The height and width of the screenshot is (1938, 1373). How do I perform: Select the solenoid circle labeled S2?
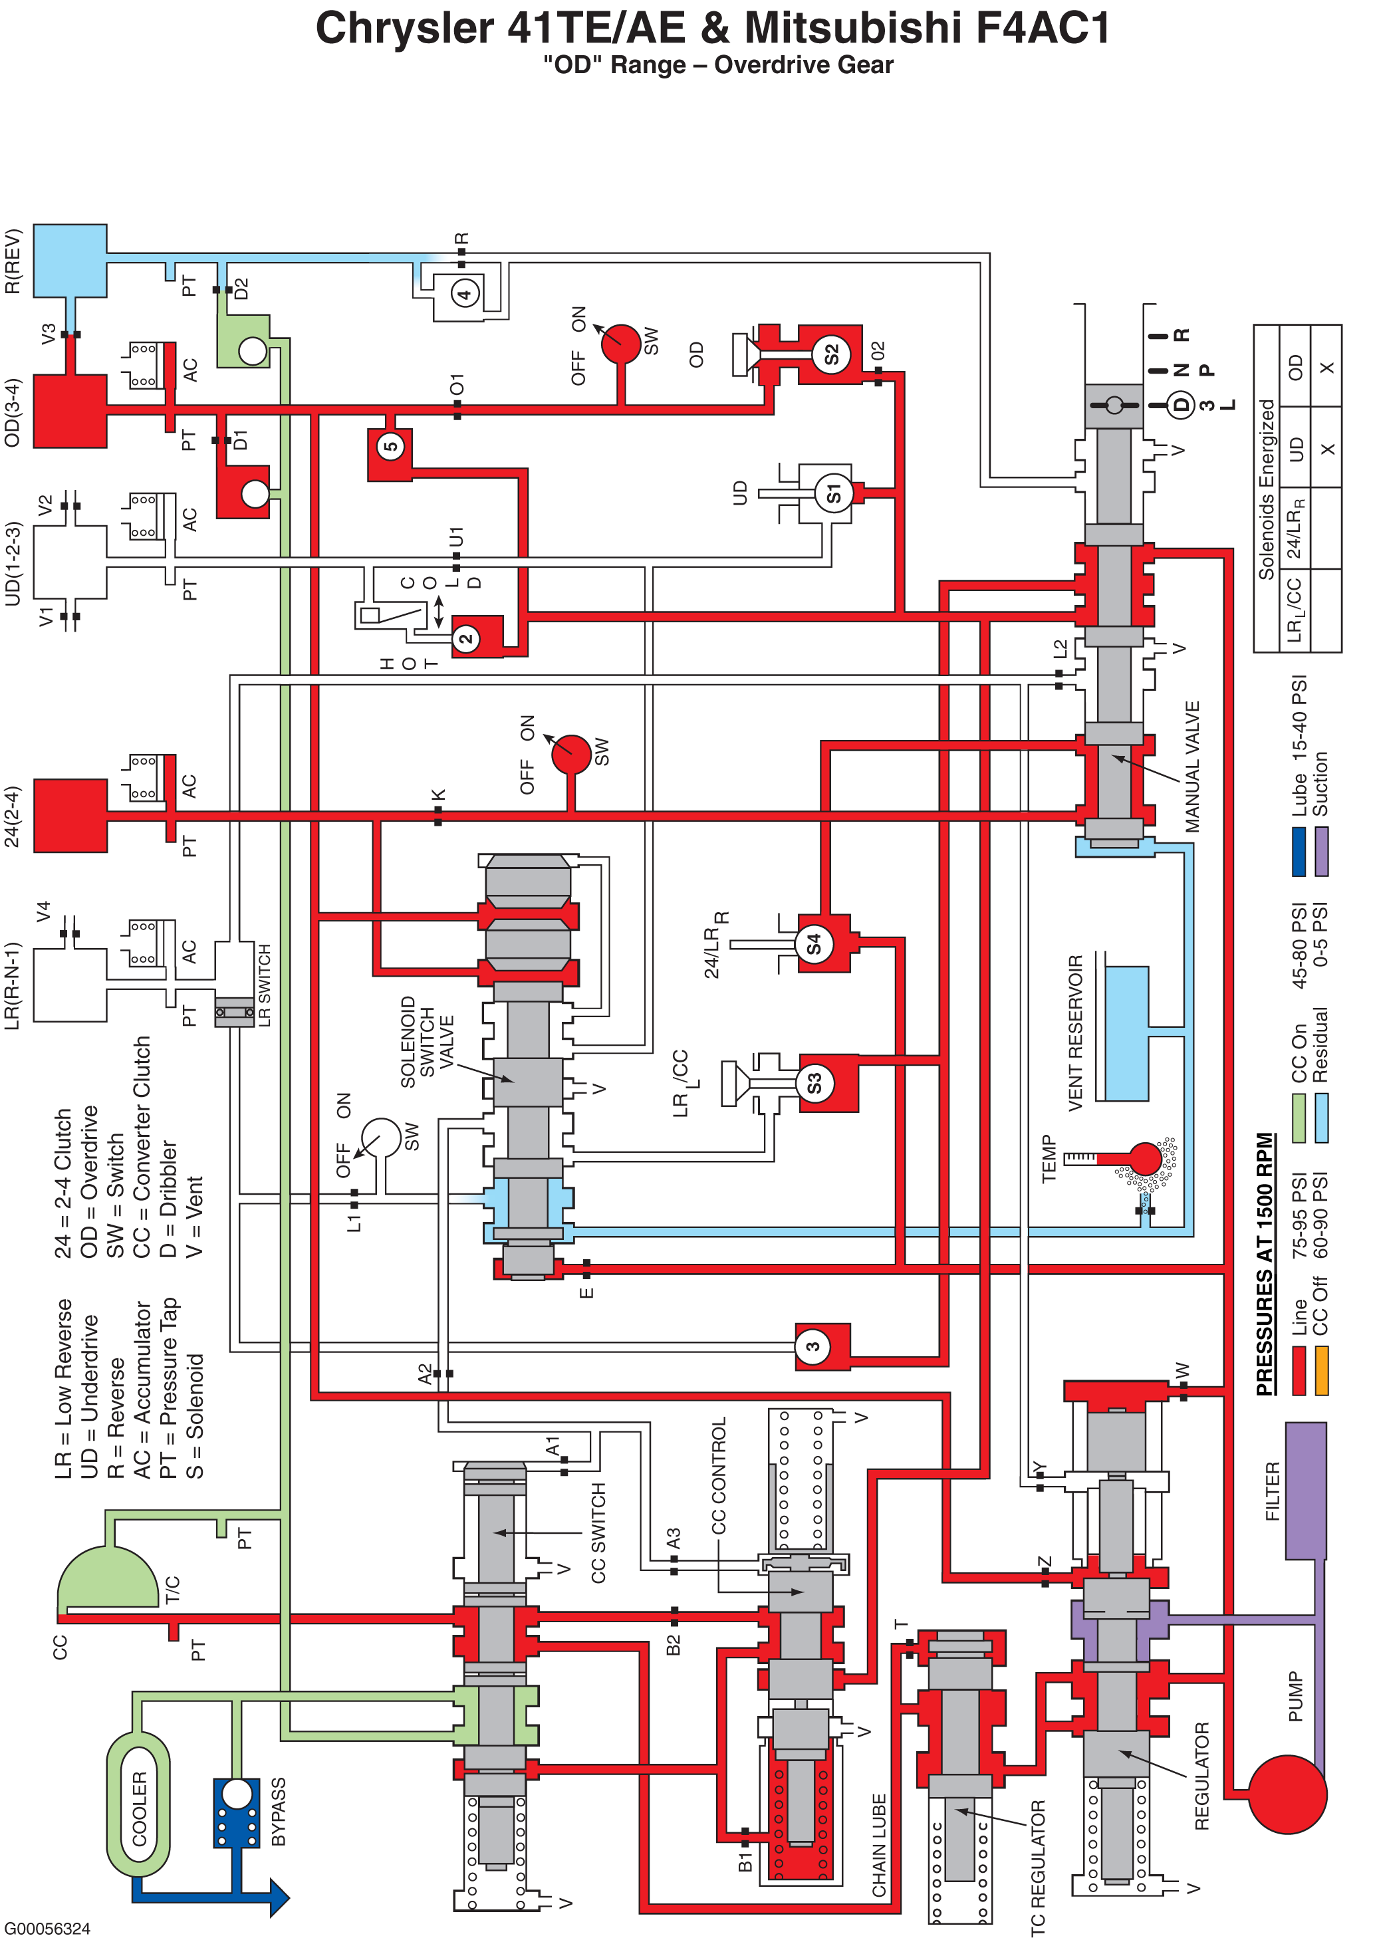pos(831,354)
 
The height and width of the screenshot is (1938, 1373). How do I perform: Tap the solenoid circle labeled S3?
pos(814,1082)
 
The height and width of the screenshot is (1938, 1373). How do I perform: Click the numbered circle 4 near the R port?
pos(464,294)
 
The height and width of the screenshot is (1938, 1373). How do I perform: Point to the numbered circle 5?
pos(390,445)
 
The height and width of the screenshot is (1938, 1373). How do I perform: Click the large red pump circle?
pos(1287,1794)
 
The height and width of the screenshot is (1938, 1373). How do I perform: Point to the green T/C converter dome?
pos(108,1577)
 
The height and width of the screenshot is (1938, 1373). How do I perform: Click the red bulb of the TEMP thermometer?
pos(1145,1158)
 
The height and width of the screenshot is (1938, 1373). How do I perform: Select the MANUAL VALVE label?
pos(1192,767)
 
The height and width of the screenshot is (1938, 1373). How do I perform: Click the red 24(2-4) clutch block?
pos(70,816)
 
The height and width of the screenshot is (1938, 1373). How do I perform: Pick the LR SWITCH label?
pos(264,985)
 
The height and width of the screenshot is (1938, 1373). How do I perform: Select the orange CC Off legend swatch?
pos(1321,1371)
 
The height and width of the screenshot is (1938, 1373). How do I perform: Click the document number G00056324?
pos(47,1928)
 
